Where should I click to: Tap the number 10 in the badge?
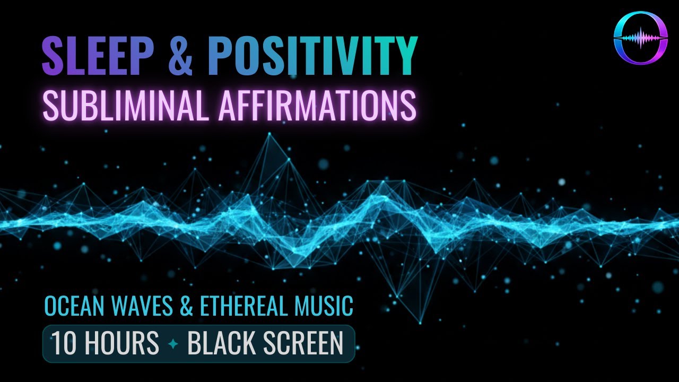pos(64,344)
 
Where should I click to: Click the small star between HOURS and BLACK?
pos(173,344)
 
